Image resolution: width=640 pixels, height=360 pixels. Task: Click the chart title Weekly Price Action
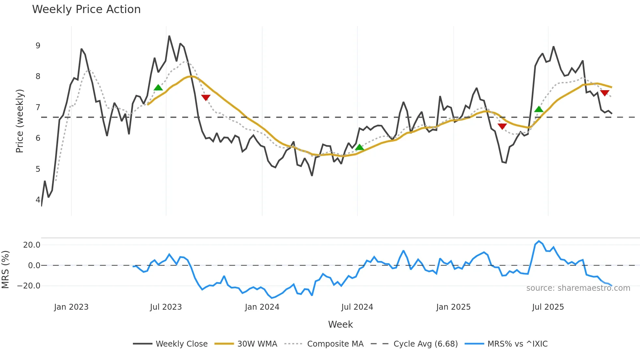click(x=86, y=9)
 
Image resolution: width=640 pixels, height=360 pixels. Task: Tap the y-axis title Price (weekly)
click(x=20, y=121)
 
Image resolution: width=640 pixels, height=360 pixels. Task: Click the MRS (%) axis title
click(x=5, y=270)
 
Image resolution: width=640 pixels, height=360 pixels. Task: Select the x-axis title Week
click(x=340, y=324)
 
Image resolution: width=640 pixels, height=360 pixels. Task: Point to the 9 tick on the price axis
click(x=38, y=46)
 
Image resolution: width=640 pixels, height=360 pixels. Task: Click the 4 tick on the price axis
click(x=38, y=200)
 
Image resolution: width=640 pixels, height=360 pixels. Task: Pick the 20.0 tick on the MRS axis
click(x=32, y=245)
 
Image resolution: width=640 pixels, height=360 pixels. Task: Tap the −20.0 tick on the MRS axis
click(x=29, y=286)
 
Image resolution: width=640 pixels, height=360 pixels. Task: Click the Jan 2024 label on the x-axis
click(x=262, y=307)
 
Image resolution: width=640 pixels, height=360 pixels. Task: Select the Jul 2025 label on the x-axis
click(x=548, y=307)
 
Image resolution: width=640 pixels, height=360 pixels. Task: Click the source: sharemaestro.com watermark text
click(x=578, y=288)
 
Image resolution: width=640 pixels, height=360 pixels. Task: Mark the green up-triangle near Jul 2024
click(x=360, y=147)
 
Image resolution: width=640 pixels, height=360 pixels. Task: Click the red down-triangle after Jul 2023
click(x=206, y=97)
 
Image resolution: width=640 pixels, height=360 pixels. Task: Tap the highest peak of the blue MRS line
click(x=539, y=241)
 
